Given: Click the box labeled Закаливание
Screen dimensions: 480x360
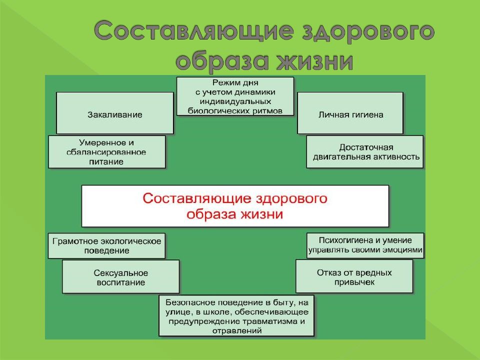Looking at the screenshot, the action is click(x=115, y=113).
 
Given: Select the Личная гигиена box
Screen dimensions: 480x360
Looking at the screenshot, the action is click(x=350, y=113).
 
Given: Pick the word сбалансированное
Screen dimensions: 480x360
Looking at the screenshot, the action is click(x=106, y=152).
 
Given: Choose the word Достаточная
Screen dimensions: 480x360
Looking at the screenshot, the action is click(x=366, y=147).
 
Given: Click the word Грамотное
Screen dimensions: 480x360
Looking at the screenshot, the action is click(x=72, y=241).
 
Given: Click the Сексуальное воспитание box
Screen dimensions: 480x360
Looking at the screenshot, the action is click(x=120, y=276).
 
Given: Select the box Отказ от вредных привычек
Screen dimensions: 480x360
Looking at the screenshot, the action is click(x=354, y=276).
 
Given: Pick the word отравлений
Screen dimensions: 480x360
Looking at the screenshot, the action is click(x=237, y=331).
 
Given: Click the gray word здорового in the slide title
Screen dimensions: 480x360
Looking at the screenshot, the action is click(x=368, y=31).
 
